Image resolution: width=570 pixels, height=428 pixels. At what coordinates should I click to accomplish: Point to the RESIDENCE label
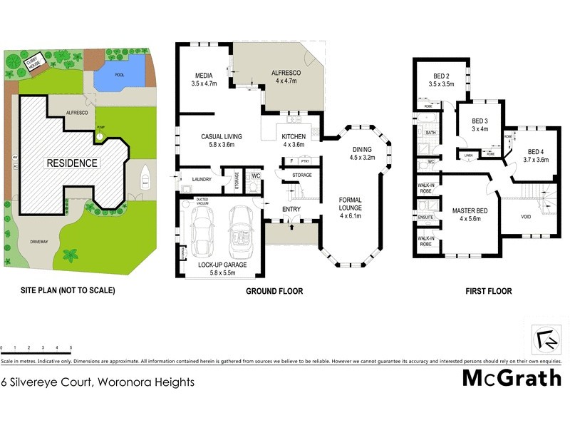[x=72, y=163]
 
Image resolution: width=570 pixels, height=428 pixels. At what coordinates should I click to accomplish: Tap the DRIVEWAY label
[x=39, y=242]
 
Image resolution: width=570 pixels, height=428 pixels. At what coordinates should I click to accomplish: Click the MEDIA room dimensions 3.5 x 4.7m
[x=204, y=83]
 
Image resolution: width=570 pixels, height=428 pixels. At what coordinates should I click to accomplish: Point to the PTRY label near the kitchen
[x=305, y=162]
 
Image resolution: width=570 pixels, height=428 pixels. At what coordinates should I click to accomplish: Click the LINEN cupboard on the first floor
[x=468, y=155]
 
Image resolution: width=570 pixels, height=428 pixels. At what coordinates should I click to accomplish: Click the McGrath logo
[x=512, y=377]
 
